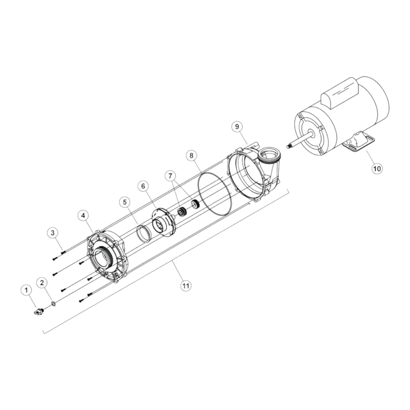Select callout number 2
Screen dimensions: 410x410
click(x=42, y=282)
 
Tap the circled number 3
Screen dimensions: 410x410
click(x=53, y=232)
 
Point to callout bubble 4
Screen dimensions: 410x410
click(x=84, y=215)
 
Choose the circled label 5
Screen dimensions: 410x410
click(x=125, y=202)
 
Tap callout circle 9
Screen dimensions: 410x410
click(x=237, y=126)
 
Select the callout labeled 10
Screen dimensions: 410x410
click(x=377, y=168)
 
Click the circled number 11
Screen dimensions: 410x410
click(x=185, y=286)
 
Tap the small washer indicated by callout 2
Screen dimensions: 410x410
click(x=54, y=303)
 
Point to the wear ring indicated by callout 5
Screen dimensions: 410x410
click(x=143, y=233)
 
